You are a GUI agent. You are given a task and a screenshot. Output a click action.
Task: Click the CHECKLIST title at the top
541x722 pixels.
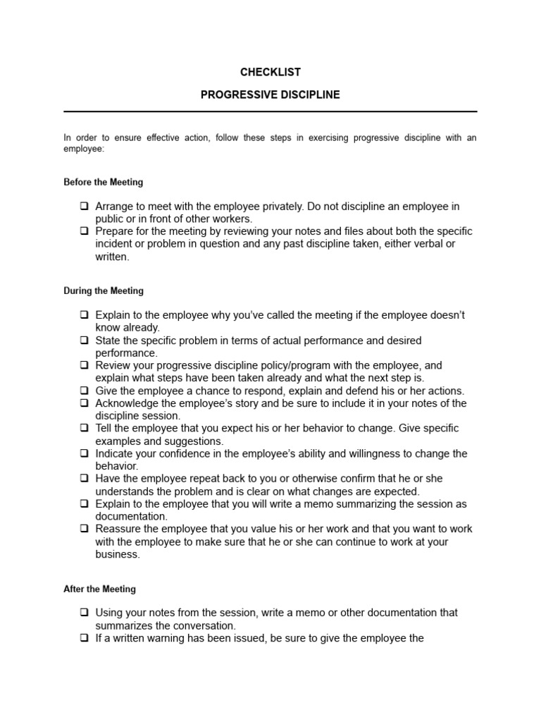click(270, 72)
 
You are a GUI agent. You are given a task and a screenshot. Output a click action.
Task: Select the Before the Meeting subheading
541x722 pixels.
click(103, 182)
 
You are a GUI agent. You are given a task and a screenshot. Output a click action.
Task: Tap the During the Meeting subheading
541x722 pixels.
click(103, 290)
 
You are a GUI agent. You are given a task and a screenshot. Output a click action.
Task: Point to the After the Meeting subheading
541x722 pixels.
click(99, 589)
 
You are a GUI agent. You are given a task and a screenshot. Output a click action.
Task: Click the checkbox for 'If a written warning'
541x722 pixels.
click(84, 639)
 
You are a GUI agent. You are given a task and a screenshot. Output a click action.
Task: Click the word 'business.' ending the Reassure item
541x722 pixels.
click(118, 554)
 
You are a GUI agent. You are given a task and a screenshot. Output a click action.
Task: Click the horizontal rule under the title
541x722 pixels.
click(270, 111)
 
